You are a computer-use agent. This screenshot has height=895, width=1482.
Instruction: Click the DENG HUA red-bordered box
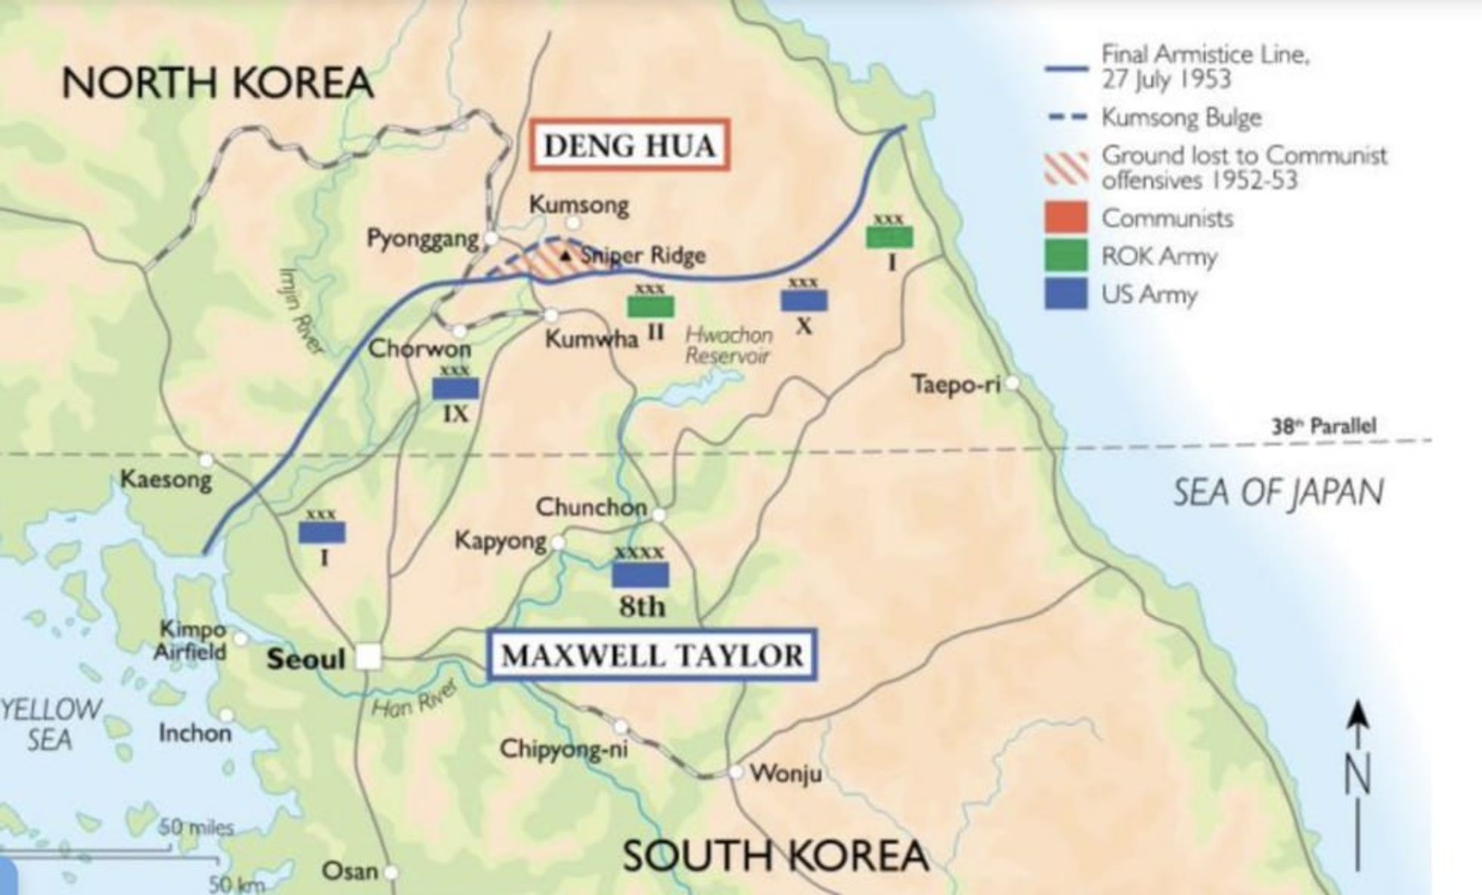629,144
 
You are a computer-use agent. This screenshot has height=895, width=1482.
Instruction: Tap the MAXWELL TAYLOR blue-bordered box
652,655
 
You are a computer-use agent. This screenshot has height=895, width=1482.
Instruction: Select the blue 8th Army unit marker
640,575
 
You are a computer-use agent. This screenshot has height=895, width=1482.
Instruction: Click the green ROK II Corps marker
650,306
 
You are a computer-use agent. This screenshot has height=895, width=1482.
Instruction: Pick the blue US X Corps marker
804,301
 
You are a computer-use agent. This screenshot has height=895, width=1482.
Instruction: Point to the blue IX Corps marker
455,389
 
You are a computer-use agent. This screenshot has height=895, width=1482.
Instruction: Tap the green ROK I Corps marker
889,237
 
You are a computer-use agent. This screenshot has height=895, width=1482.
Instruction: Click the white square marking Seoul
368,657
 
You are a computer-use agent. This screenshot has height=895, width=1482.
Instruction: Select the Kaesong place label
166,479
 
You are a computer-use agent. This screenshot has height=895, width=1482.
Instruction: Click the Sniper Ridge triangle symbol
566,256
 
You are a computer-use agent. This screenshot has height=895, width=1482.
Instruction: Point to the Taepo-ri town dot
1012,383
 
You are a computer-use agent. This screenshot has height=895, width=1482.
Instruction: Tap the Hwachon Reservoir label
727,345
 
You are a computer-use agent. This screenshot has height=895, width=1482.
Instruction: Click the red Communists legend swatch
1066,218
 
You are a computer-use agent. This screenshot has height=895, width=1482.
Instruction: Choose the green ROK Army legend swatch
1066,255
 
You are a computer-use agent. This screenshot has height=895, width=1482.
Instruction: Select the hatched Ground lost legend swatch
1066,168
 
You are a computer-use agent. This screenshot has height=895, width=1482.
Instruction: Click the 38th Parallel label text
1323,426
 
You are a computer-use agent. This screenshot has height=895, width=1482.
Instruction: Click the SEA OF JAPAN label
1278,492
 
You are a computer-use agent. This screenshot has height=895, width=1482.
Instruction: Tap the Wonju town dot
736,772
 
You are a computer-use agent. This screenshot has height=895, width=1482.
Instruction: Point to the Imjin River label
301,310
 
